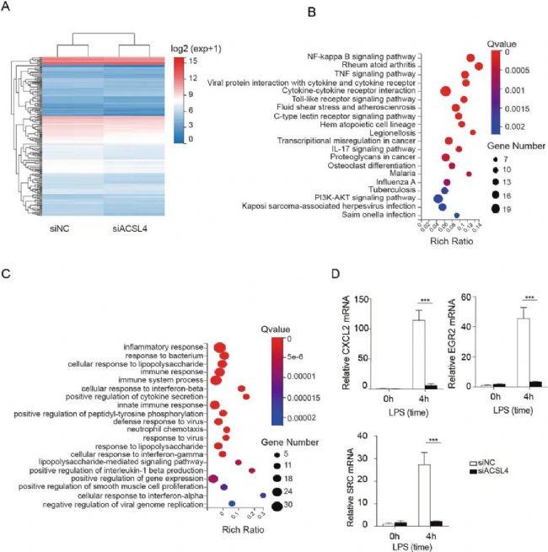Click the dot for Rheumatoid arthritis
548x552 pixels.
(478, 65)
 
